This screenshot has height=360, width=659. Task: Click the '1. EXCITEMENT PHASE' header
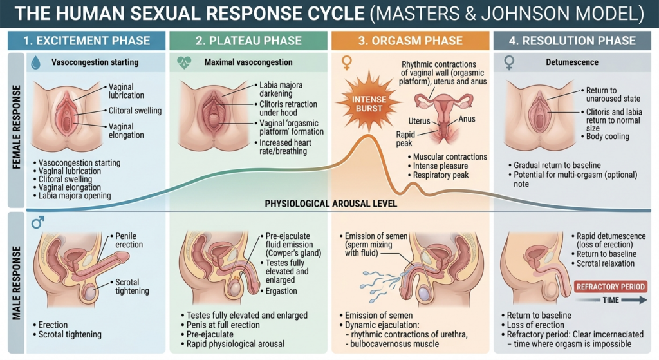click(87, 41)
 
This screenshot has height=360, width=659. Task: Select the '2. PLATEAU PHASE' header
click(248, 41)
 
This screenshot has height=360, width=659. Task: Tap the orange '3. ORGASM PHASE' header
click(410, 41)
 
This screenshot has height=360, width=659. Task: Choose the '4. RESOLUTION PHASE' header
click(572, 41)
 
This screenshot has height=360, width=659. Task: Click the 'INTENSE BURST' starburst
click(369, 102)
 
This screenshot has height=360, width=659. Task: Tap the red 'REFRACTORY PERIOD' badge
click(610, 287)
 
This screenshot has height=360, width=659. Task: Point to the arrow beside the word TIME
click(634, 300)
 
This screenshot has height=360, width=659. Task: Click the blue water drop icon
click(36, 62)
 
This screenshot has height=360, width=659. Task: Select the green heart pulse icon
click(183, 62)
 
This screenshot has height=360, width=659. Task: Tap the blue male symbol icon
click(37, 222)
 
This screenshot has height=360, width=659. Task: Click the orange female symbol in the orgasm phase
click(347, 63)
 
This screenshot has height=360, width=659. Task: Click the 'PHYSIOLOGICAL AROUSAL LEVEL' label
click(331, 204)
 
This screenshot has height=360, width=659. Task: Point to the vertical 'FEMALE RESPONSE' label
click(16, 127)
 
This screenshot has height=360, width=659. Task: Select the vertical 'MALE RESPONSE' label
click(16, 283)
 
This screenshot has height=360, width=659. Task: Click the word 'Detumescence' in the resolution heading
click(572, 62)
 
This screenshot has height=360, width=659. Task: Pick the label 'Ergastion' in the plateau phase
click(281, 291)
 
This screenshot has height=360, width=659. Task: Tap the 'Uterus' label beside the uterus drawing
click(419, 121)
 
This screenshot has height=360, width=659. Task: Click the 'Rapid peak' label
click(405, 139)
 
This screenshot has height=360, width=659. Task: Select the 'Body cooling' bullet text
click(608, 137)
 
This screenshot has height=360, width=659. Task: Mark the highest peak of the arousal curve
click(368, 136)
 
